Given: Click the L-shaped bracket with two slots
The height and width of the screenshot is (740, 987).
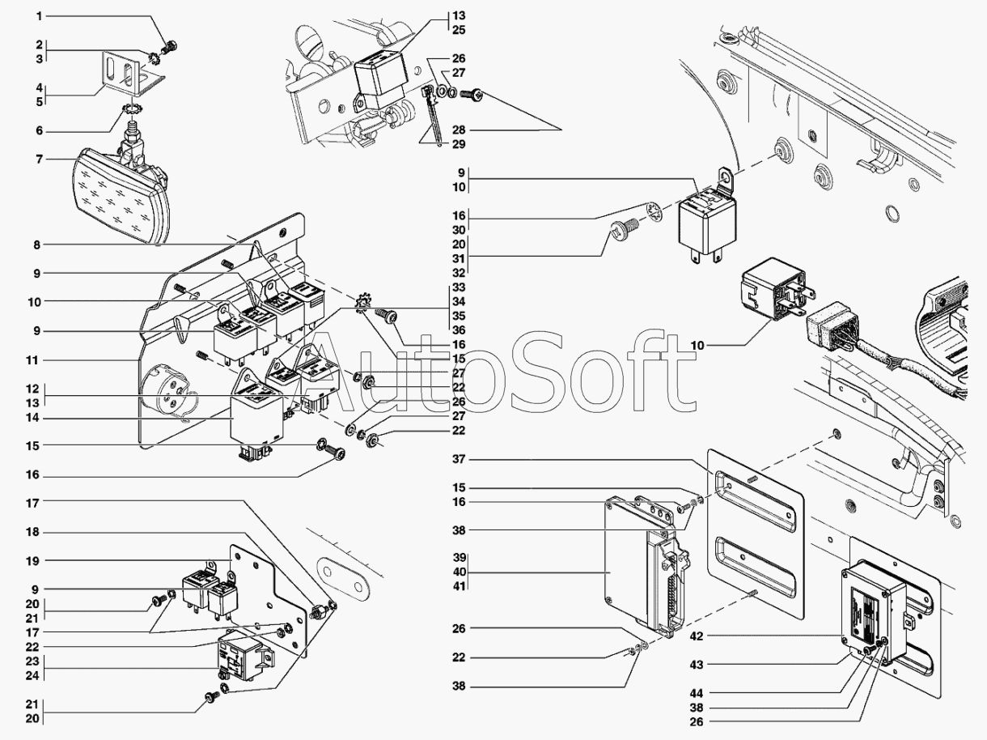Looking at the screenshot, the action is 126,74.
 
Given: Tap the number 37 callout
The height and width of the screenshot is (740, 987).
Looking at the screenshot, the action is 459,460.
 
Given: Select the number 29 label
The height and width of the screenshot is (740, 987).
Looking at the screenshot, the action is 459,144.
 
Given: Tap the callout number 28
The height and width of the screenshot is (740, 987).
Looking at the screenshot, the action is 459,130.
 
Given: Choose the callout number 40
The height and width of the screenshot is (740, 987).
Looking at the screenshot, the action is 459,572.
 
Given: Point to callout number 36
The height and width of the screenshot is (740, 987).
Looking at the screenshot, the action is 459,330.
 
